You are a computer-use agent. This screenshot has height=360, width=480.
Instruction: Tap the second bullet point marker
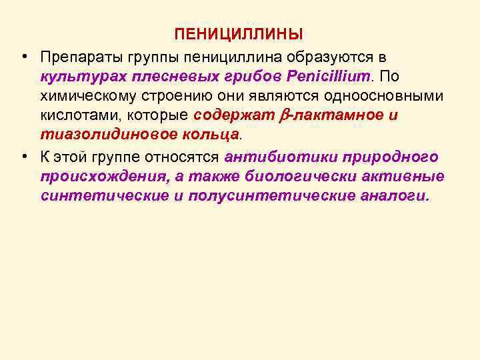point(23,156)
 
